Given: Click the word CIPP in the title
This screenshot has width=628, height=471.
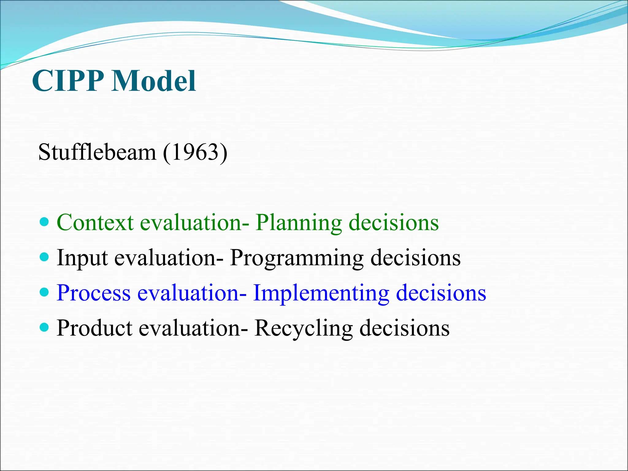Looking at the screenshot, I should [68, 81].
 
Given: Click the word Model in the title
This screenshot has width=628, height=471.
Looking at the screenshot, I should [153, 81].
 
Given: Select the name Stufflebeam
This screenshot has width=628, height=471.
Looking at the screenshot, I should [97, 152].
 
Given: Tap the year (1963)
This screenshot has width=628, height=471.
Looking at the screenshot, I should [195, 152].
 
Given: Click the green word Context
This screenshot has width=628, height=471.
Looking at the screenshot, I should [95, 222].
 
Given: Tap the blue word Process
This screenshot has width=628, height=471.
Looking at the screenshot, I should [94, 293].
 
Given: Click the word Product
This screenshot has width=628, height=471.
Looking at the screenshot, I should [94, 328].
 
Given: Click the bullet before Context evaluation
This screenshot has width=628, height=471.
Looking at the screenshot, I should [44, 222].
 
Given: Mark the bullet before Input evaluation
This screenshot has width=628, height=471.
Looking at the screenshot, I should [44, 257].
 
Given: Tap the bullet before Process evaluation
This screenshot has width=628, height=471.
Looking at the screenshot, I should [44, 292].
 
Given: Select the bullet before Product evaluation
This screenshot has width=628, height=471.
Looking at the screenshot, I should [44, 327].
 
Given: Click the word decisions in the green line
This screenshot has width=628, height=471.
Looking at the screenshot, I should [394, 222].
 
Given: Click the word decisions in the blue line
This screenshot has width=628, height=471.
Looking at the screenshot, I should [441, 293].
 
